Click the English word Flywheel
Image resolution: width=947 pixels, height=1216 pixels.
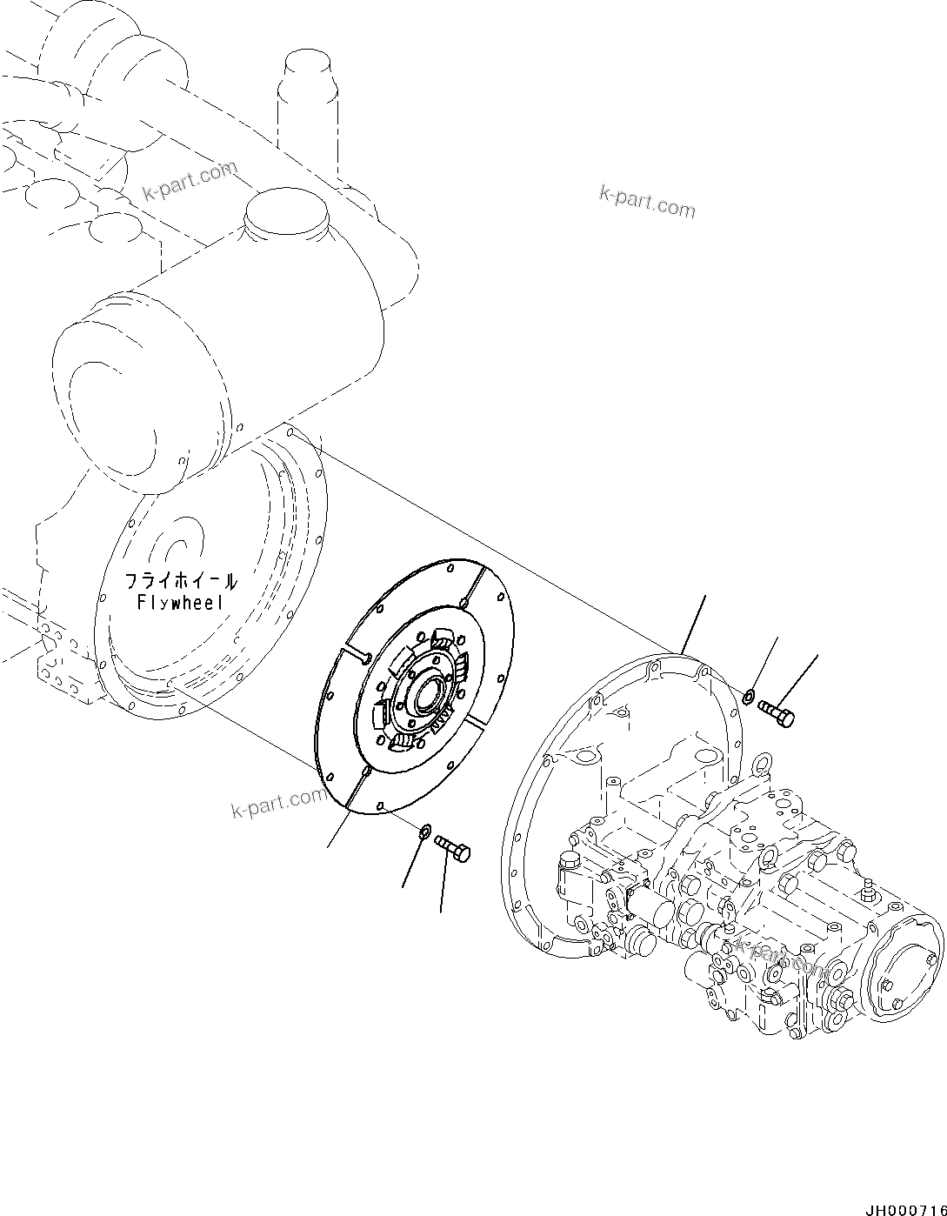pyautogui.click(x=180, y=603)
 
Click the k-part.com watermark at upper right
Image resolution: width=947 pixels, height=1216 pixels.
pyautogui.click(x=647, y=203)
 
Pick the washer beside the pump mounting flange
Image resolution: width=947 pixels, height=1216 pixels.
pyautogui.click(x=749, y=695)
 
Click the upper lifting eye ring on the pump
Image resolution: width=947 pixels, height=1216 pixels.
pyautogui.click(x=763, y=766)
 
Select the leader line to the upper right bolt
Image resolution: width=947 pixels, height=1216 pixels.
pyautogui.click(x=799, y=678)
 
